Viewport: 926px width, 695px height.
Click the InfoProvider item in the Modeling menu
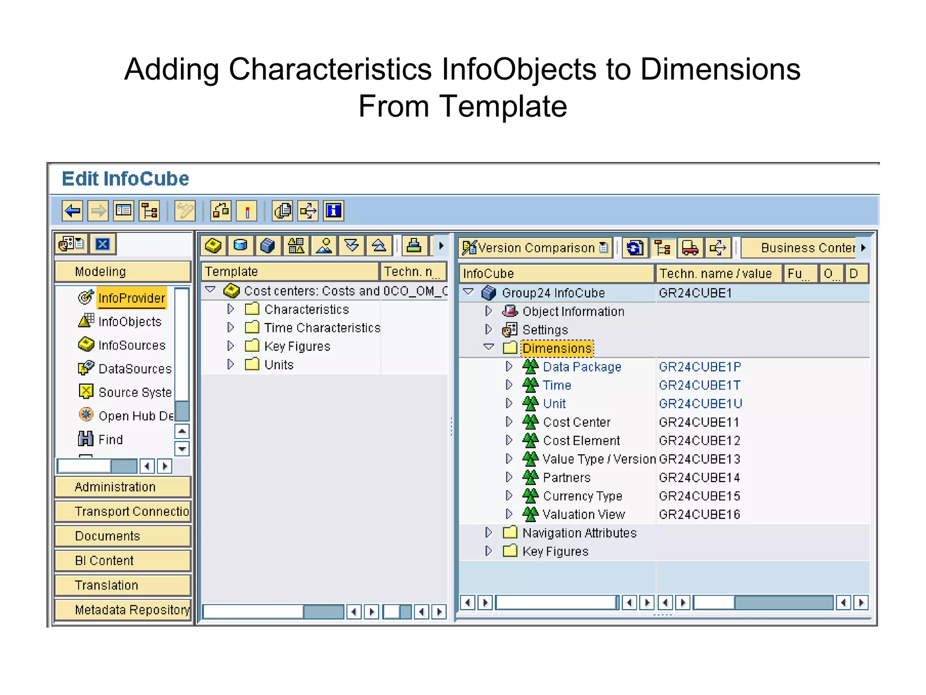coord(132,298)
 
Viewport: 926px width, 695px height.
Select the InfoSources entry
coord(132,345)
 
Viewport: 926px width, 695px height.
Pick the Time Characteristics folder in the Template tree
coord(322,328)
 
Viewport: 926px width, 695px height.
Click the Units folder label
coord(279,365)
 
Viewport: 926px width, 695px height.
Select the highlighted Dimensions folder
coord(557,348)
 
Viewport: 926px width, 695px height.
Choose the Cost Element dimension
coord(581,441)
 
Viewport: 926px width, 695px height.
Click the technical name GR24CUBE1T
coord(699,386)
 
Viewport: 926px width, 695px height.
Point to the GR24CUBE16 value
coord(699,514)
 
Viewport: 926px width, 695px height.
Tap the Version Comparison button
coord(535,248)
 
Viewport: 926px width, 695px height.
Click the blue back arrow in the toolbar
coord(72,211)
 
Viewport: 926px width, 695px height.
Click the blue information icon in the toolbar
coord(334,211)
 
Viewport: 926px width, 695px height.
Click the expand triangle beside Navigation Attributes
coord(488,533)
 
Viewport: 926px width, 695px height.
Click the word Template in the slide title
coord(503,106)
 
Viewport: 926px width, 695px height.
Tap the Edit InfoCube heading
coord(125,179)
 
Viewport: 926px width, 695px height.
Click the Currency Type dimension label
coord(582,496)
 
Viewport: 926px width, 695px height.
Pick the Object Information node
coord(573,312)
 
